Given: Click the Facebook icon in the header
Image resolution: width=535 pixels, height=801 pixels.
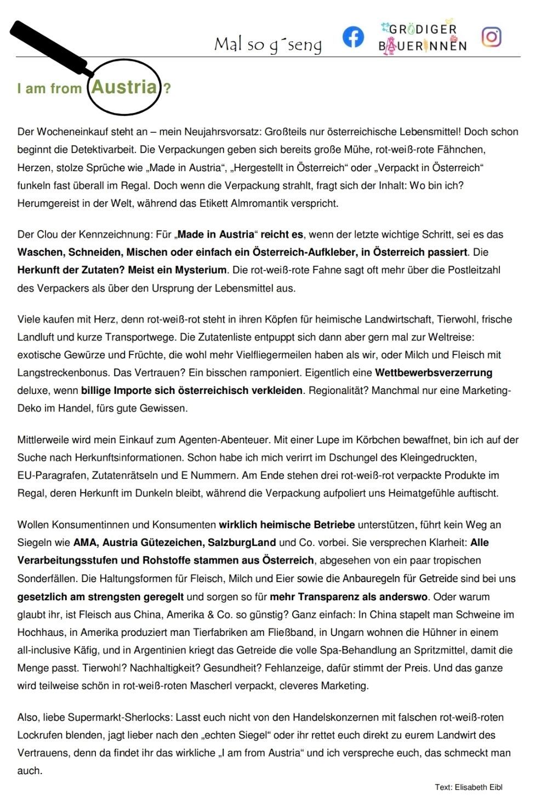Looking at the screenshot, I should (353, 37).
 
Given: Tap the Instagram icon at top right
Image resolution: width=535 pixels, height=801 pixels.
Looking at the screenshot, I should (491, 36).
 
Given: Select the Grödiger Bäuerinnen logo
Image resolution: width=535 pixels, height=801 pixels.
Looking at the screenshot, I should (422, 37).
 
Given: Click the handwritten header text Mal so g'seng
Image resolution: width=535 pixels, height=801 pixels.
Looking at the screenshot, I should (267, 44).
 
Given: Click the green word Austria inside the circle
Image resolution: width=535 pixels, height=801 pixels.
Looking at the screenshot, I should (124, 87).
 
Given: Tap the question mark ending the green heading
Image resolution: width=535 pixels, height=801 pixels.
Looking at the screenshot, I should (167, 88).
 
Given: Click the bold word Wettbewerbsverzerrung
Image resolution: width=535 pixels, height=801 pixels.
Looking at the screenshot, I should (434, 373).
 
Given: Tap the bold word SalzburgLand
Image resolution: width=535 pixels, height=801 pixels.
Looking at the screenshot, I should (242, 543).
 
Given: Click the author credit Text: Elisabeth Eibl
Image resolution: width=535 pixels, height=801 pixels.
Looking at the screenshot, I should (468, 787).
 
